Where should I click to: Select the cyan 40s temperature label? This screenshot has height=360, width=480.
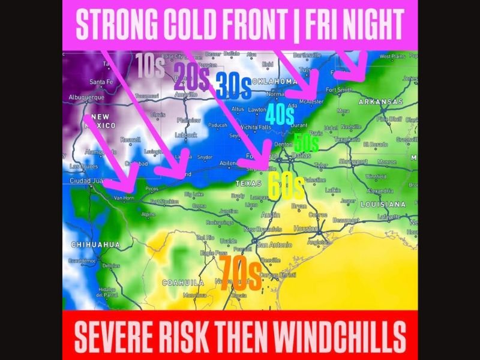pos(280,114)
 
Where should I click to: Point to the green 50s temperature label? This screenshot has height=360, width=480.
pos(306,142)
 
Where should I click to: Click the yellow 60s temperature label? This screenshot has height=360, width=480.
pos(286,187)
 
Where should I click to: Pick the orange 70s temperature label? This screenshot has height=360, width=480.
pos(240,274)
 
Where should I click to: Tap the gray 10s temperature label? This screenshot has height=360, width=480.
pos(150,65)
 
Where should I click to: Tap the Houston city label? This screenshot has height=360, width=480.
pos(306,229)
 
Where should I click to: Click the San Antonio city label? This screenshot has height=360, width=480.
pos(274,245)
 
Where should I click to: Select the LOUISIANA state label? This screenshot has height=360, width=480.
pos(382,205)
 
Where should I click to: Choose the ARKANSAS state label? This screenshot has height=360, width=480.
pos(380,103)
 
